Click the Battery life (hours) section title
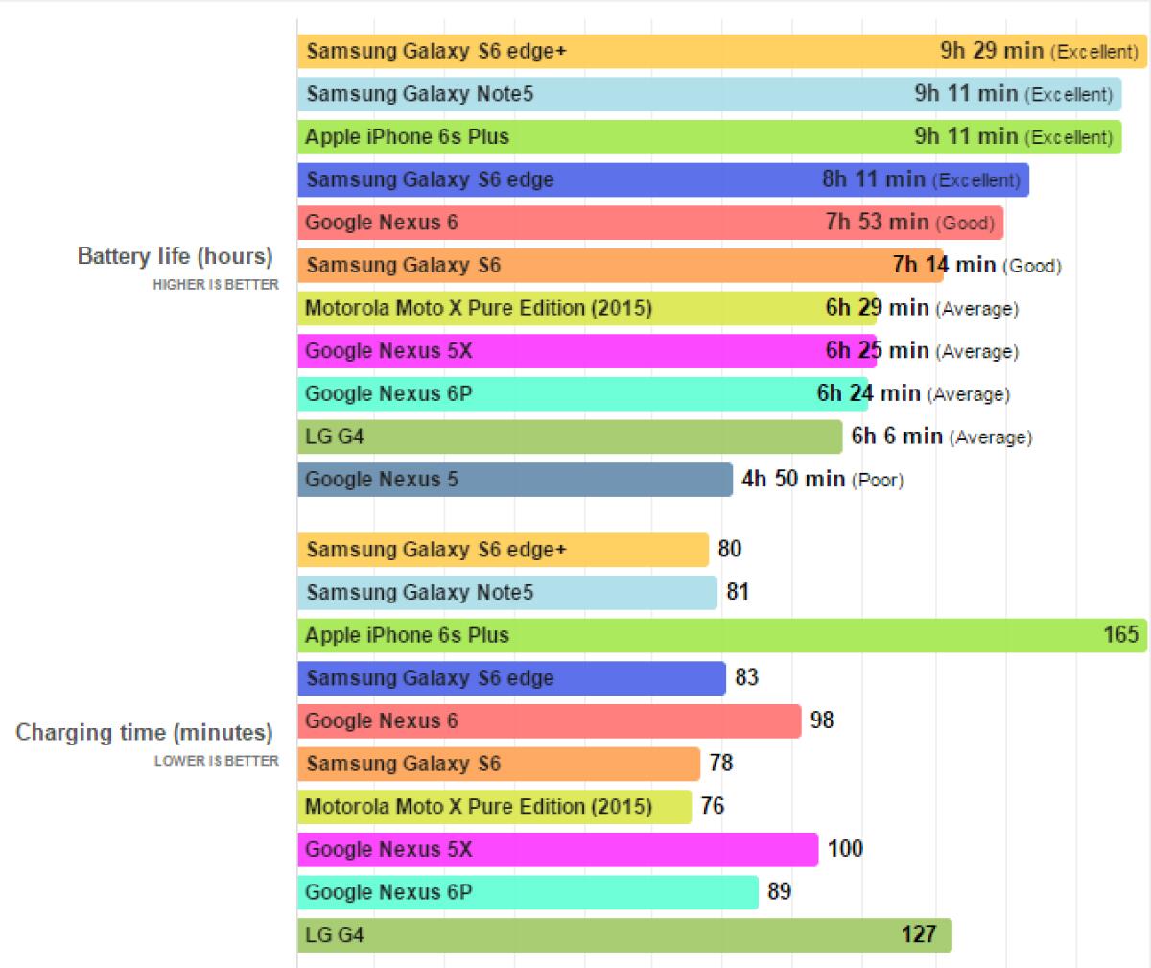pos(175,257)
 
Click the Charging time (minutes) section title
pos(144,733)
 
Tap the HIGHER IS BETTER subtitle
pos(215,285)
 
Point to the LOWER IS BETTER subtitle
pos(217,761)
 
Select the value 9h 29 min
pos(992,51)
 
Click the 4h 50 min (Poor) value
pos(822,479)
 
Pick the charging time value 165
pos(1120,634)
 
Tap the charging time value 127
pos(918,934)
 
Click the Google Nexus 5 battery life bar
pos(514,480)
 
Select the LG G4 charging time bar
pos(623,935)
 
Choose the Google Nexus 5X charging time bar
pos(557,850)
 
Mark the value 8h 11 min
pos(874,179)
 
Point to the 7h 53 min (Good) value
pos(909,223)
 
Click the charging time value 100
pos(845,849)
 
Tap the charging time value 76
pos(712,806)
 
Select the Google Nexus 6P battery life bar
pos(582,394)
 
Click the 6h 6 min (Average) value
pos(941,437)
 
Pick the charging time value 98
pos(822,720)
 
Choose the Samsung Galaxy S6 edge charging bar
pos(511,678)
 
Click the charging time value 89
pos(779,892)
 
